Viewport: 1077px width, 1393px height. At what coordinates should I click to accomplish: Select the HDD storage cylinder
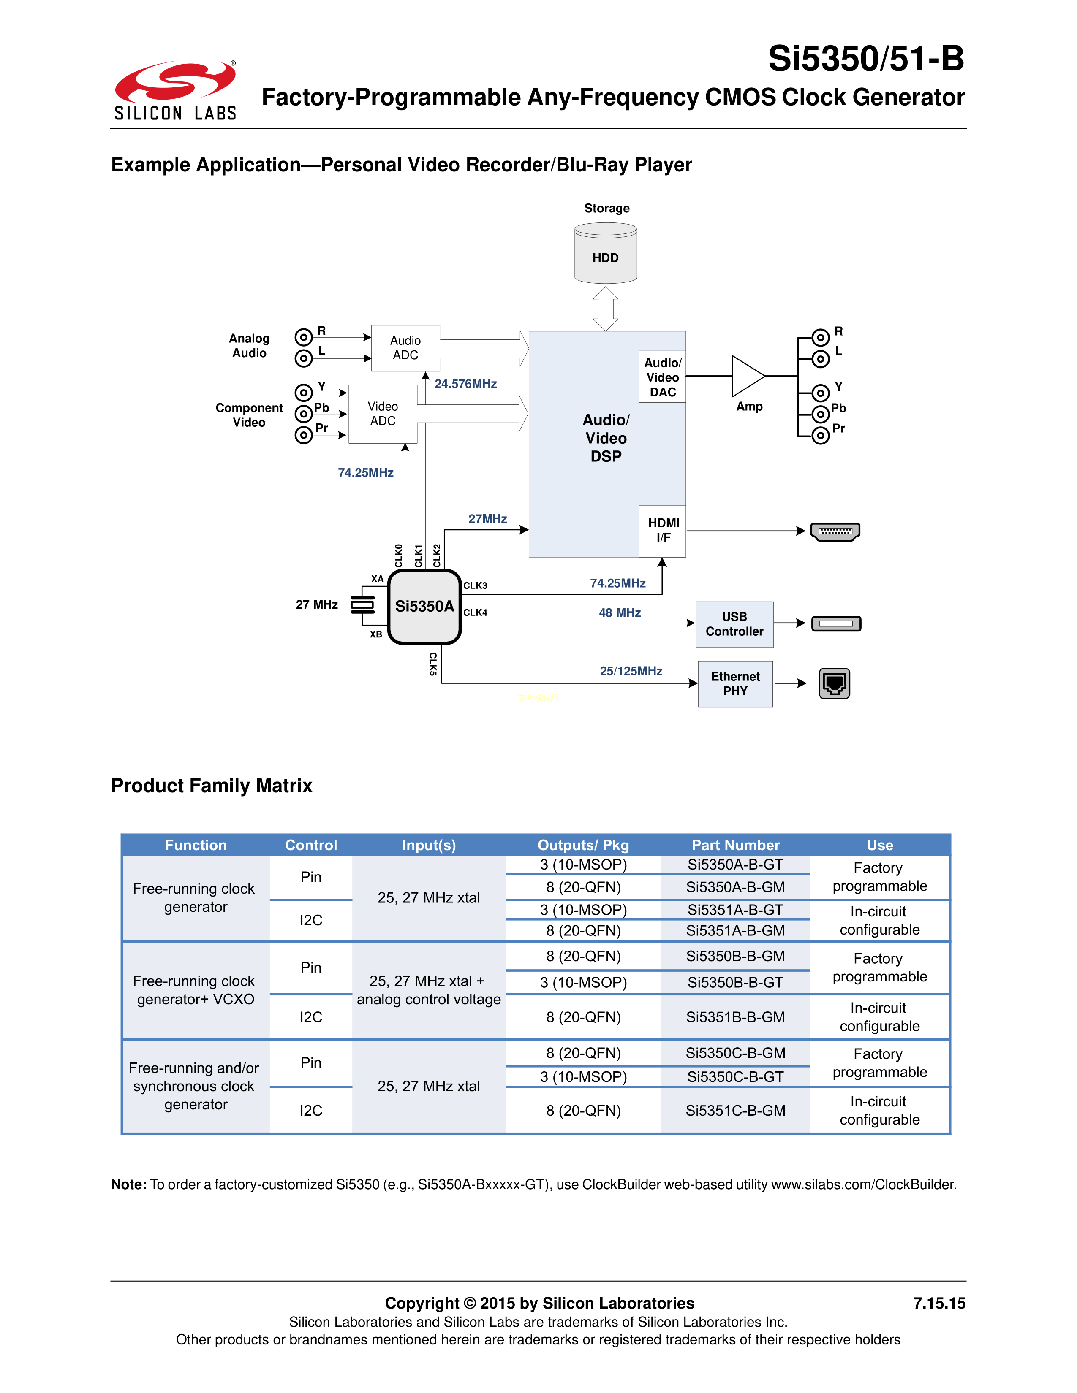point(606,253)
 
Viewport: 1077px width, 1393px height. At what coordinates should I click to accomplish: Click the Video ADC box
point(383,414)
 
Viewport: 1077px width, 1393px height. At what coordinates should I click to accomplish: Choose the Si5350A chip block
point(424,607)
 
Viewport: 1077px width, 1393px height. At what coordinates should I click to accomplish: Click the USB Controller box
point(734,624)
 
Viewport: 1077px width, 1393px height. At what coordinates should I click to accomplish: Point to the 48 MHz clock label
point(620,613)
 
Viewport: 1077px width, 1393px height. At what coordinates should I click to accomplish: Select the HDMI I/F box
point(663,531)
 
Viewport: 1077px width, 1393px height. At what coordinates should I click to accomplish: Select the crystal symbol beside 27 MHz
point(362,604)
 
